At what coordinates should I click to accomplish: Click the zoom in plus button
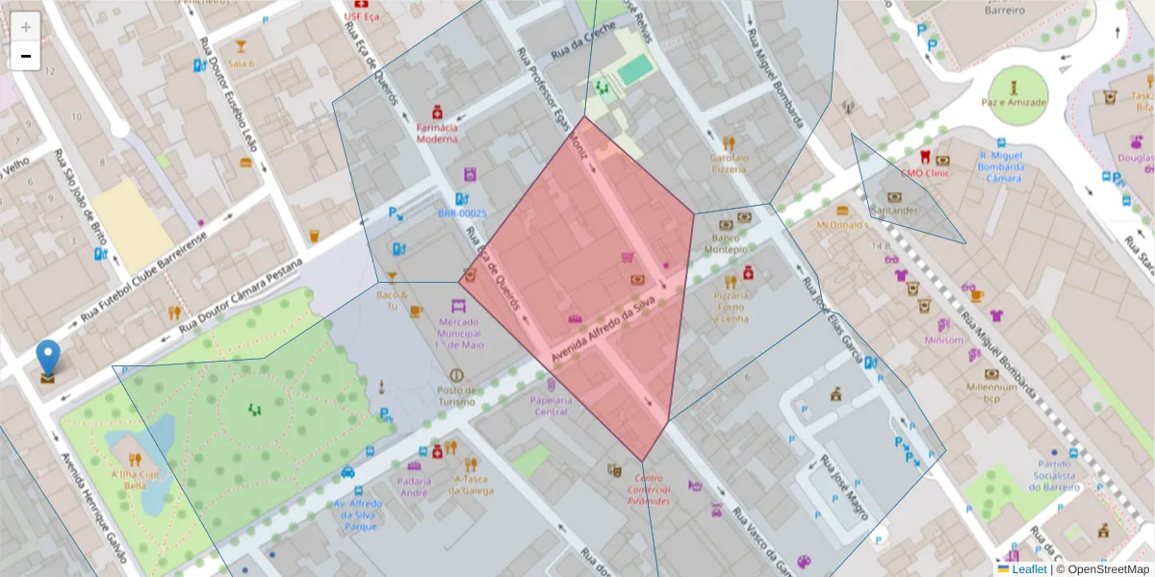pyautogui.click(x=26, y=26)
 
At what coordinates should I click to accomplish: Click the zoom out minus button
pyautogui.click(x=26, y=56)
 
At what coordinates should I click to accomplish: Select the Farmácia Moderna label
pyautogui.click(x=437, y=132)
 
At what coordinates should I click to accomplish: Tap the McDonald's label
pyautogui.click(x=842, y=224)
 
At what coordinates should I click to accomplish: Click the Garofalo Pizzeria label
pyautogui.click(x=729, y=163)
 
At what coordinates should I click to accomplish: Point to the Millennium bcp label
pyautogui.click(x=992, y=392)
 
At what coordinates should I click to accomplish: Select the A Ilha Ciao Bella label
pyautogui.click(x=136, y=479)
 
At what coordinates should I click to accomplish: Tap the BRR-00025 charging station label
pyautogui.click(x=462, y=213)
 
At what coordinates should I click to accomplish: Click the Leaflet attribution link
pyautogui.click(x=1029, y=569)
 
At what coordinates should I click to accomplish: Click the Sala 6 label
pyautogui.click(x=241, y=63)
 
